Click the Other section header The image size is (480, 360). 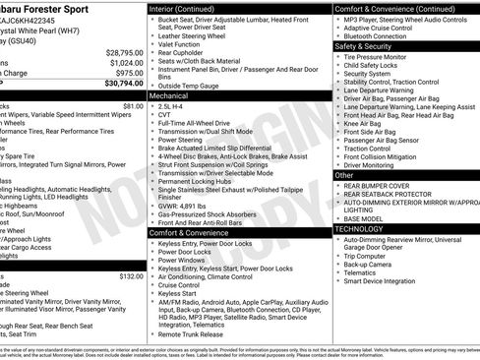coord(345,174)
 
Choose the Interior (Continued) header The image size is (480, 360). coord(190,8)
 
